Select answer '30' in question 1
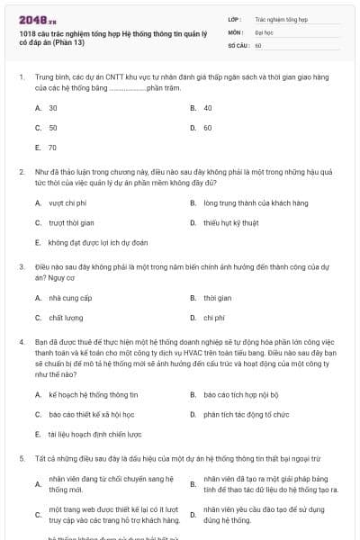(53, 107)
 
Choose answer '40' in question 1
(208, 107)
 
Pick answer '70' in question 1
(53, 147)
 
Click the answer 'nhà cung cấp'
(70, 298)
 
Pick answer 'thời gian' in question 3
(217, 298)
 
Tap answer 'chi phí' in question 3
(213, 318)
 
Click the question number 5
(21, 458)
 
